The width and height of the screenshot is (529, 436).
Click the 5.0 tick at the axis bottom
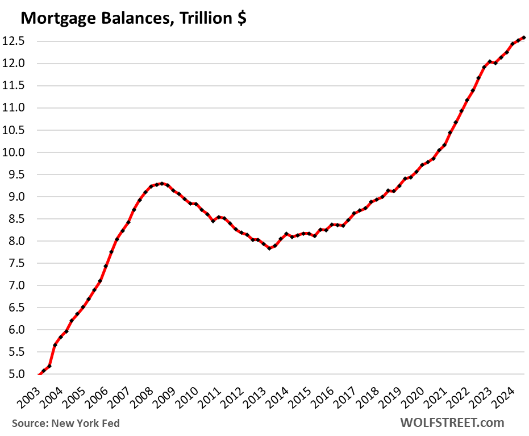click(18, 375)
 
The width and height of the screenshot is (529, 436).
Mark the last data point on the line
click(523, 38)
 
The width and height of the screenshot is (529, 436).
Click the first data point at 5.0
click(38, 375)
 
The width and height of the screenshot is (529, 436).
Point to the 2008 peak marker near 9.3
click(162, 184)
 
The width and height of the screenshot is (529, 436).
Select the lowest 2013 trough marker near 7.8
click(269, 248)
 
